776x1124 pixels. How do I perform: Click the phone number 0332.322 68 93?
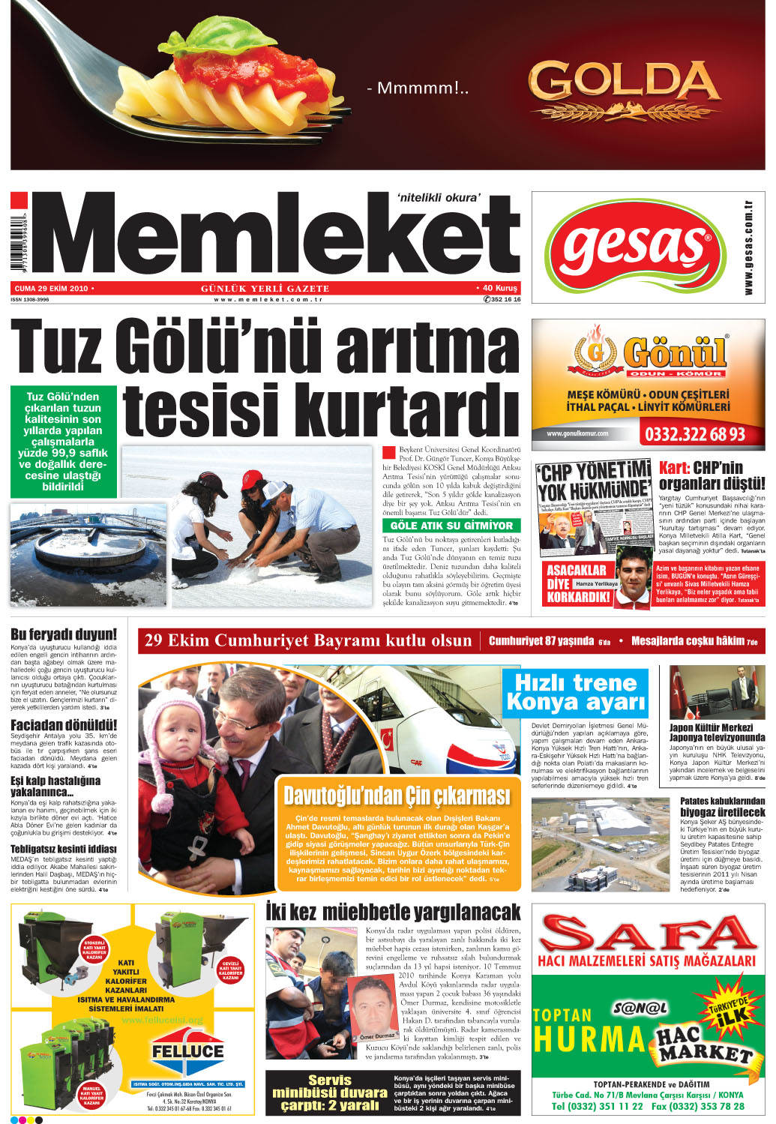coord(694,434)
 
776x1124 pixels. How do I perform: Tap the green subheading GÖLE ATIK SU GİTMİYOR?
coord(451,526)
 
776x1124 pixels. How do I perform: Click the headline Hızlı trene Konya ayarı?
coord(576,692)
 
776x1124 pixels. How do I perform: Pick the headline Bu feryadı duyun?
coord(64,634)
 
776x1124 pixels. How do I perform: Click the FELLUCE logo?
coord(187,1051)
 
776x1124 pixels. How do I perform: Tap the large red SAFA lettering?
coord(648,932)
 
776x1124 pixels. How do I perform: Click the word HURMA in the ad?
coord(589,1039)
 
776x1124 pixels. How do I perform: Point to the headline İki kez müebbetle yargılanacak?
coord(393,912)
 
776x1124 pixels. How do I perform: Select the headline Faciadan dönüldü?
coord(64,725)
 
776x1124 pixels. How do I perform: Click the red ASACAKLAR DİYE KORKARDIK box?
coord(577,583)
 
